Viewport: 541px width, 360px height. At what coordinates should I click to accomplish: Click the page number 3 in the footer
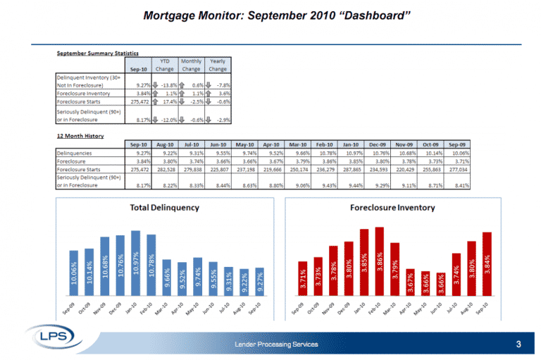518,345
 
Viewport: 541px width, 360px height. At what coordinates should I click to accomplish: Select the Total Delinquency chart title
164,208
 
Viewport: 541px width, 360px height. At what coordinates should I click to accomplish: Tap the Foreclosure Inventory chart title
392,208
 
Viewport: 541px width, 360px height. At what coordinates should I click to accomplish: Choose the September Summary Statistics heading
97,54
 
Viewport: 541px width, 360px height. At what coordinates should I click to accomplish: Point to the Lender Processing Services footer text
276,345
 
